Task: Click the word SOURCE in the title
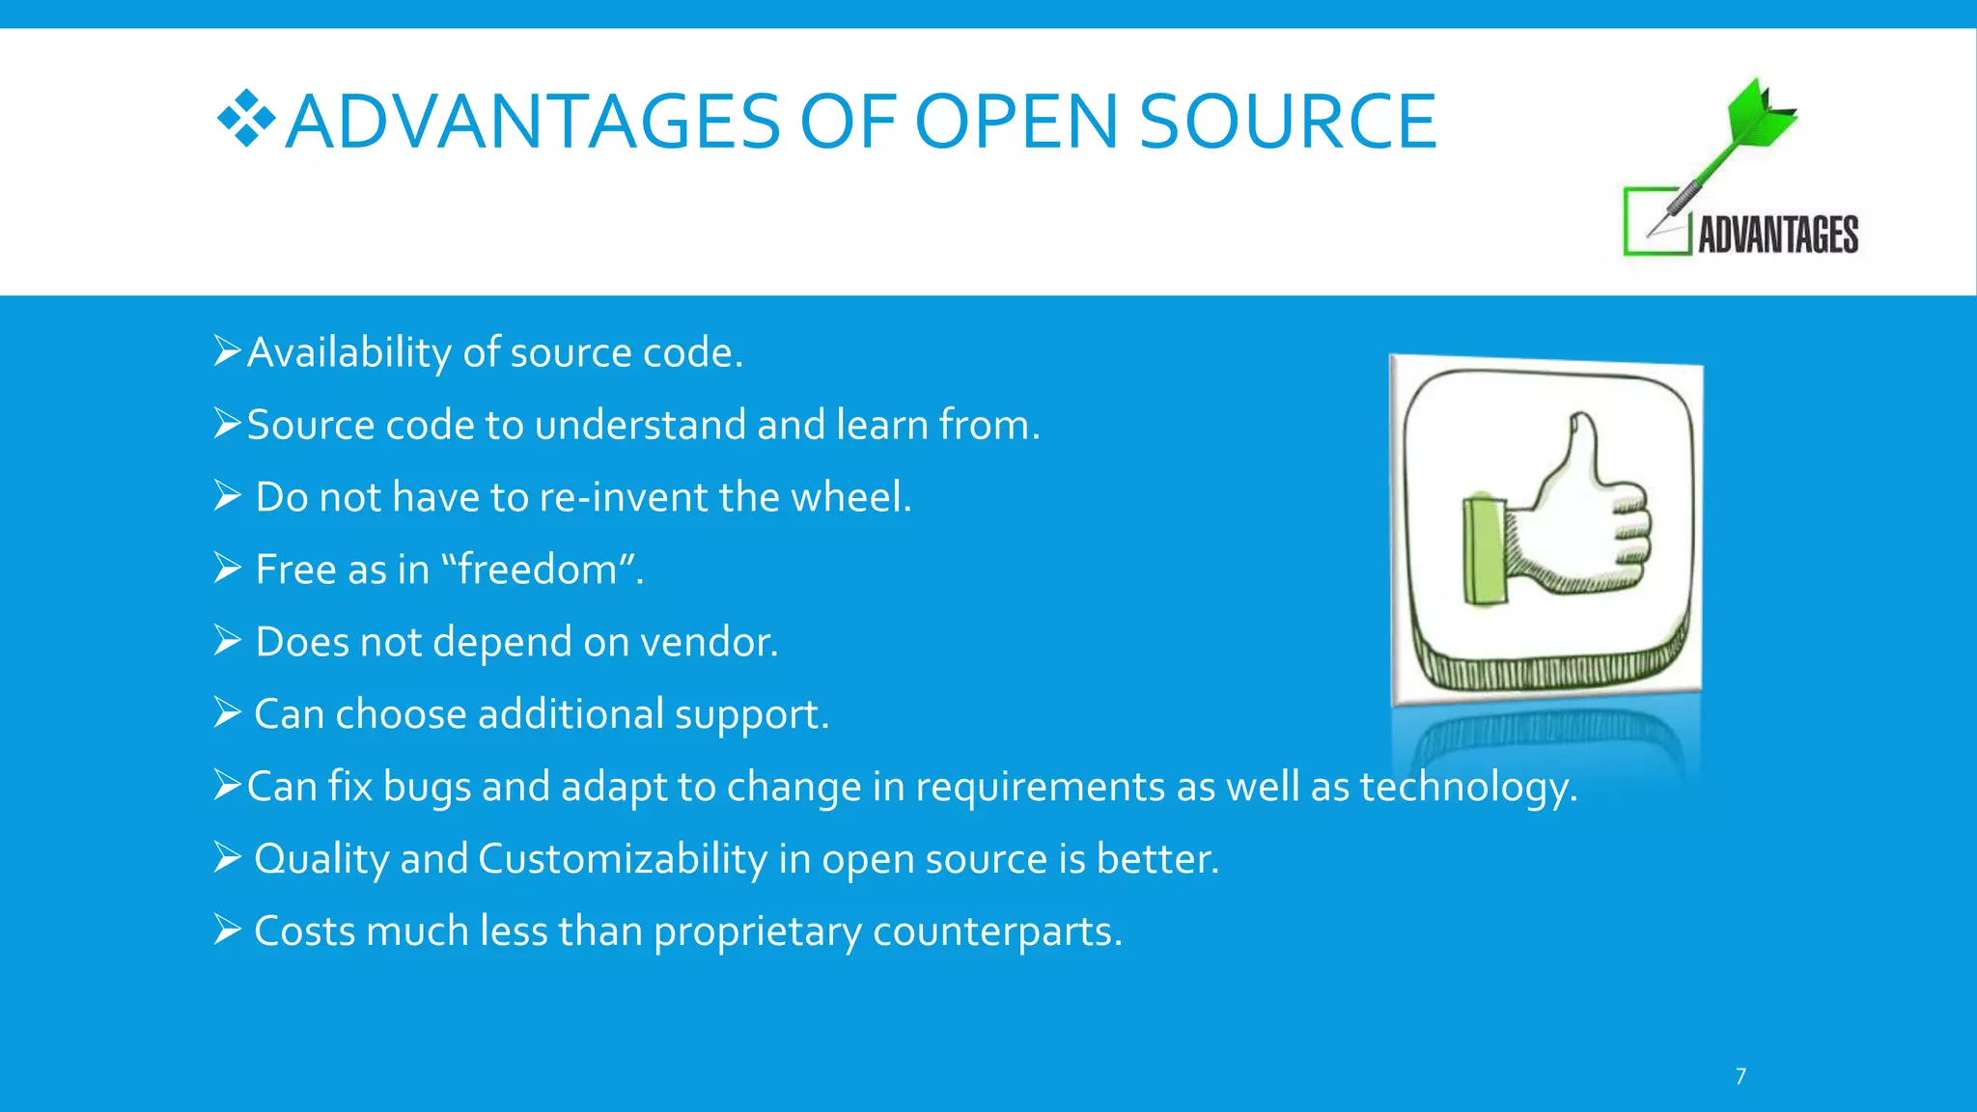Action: pos(1288,122)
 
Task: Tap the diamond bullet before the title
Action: pos(246,119)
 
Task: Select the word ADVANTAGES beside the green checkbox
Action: pos(1778,235)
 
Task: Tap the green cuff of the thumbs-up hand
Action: pos(1484,550)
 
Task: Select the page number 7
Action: pos(1740,1076)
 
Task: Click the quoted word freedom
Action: pos(537,570)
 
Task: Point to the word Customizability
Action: pos(623,859)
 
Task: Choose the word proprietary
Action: pos(757,932)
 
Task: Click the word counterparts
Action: pos(996,932)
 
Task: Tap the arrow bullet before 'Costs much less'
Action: pos(227,931)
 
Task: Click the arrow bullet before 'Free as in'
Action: pos(227,569)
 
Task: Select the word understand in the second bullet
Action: pos(639,426)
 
